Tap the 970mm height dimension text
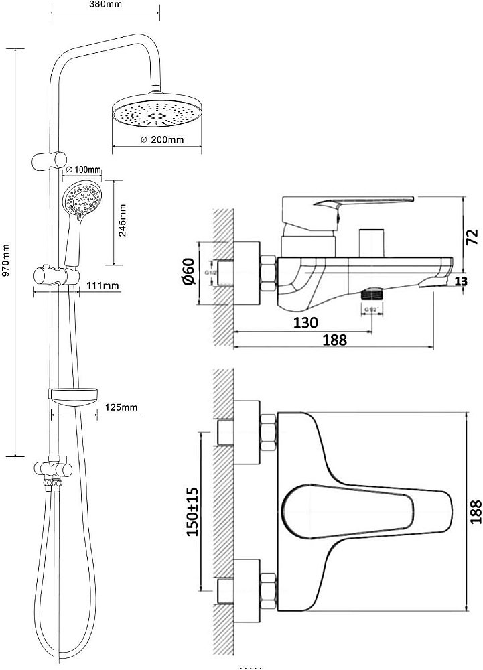coord(7,259)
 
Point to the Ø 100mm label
coord(84,168)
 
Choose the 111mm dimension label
coord(102,286)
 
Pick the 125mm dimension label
coord(121,407)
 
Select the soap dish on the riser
coord(74,396)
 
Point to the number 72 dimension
coord(473,236)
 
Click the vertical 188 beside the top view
coord(474,511)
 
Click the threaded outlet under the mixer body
coord(372,295)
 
